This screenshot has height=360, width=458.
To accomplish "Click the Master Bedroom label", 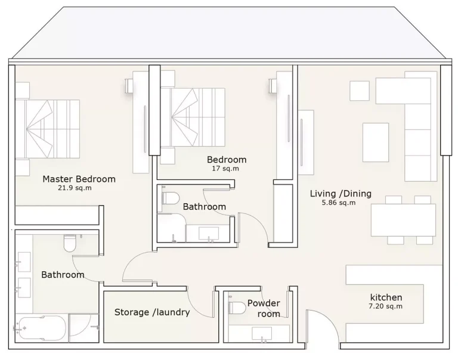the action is tap(79, 179).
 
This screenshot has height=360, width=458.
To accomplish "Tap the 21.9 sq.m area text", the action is tap(75, 188).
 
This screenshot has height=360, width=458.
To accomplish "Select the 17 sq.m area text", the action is tap(225, 169).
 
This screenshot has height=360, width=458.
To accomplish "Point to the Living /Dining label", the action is tap(341, 194).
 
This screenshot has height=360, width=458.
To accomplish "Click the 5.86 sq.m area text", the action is tap(339, 203).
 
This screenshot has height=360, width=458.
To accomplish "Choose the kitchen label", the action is tap(386, 297).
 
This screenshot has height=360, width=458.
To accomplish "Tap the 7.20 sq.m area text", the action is tap(386, 306).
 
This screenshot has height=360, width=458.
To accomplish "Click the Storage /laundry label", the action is tap(152, 312).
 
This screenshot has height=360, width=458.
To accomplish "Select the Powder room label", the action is tap(264, 308).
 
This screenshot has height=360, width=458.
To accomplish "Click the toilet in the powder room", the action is tap(237, 308).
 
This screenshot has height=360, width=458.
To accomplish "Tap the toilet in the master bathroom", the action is tap(70, 243).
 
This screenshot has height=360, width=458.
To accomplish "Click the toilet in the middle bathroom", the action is tap(171, 198).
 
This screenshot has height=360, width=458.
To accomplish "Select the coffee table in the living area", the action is tap(376, 142).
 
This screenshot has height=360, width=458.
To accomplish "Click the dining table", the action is tap(403, 220).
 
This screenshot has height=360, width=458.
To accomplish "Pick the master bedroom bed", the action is tap(47, 129).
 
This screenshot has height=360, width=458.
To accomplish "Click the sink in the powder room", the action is tap(262, 333).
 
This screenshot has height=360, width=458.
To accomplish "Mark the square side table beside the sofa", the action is tap(360, 91).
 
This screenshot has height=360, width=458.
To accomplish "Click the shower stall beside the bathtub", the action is tap(84, 328).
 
